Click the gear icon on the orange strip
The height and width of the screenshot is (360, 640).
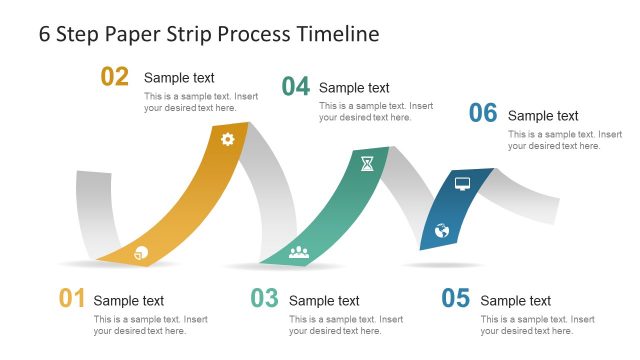[227, 139]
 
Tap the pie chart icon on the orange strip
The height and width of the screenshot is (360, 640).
[140, 253]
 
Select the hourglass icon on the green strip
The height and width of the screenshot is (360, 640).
[367, 163]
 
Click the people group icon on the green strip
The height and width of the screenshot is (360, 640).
[299, 252]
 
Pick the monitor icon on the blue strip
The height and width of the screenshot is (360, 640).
[462, 184]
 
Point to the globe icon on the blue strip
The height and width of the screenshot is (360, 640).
[442, 231]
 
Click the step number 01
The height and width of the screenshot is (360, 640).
[72, 298]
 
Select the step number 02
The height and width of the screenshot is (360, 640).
[115, 77]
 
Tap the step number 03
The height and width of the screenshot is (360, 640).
[264, 298]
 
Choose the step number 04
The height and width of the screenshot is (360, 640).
[295, 87]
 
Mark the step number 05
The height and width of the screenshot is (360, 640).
[455, 298]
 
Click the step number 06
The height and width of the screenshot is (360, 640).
[483, 114]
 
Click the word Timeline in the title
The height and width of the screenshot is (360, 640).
[338, 34]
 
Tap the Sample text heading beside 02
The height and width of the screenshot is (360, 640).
[179, 78]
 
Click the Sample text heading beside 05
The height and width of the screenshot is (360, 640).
[515, 301]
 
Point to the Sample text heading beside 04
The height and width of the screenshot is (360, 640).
[354, 88]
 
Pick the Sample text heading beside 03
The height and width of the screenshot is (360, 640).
[324, 301]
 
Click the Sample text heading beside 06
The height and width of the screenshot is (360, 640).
[543, 116]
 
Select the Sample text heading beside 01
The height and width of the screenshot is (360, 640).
[129, 301]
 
